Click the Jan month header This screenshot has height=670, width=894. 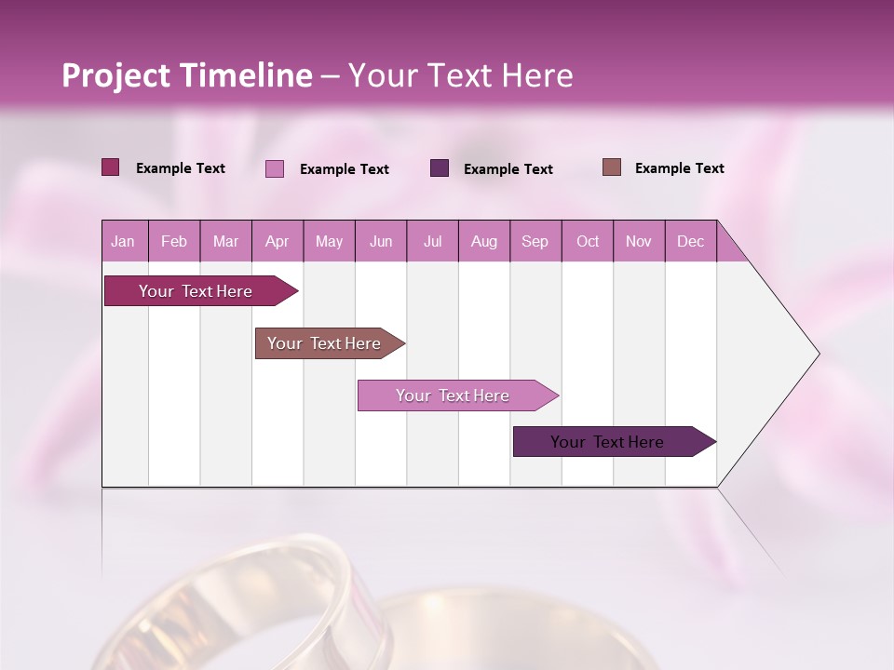123,241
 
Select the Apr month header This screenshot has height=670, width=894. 277,241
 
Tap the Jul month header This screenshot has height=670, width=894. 432,241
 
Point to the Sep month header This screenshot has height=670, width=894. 535,241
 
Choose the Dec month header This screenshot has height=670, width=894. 690,241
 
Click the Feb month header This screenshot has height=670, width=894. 174,241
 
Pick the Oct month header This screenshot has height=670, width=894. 588,241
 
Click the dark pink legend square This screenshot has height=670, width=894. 111,167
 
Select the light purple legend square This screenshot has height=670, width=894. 275,168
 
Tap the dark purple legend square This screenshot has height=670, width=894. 440,167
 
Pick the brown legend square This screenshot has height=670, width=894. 612,167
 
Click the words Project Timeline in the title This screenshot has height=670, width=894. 187,75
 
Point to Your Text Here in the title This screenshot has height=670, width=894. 460,75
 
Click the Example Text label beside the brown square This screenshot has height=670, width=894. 679,168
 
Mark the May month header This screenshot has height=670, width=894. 329,241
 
